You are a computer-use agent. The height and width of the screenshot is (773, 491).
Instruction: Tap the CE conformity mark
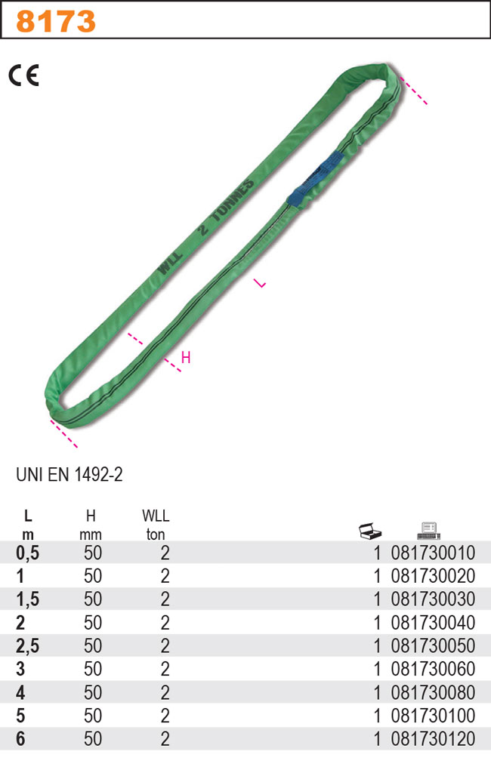coord(23,75)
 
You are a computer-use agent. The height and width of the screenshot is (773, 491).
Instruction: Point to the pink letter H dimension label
coord(186,358)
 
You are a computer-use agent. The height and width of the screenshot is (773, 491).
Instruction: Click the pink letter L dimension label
coord(260,284)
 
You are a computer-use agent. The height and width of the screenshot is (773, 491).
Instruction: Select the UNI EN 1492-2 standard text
coord(69,475)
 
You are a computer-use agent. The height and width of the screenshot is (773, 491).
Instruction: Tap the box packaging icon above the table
coord(370,531)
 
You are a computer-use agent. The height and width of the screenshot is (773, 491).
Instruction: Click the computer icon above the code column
coord(428,531)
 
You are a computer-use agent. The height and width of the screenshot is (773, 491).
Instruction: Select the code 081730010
coord(433,553)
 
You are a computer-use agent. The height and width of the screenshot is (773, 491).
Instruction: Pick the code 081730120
coord(433,739)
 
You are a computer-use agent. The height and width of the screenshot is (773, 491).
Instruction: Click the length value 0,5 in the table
coord(28,553)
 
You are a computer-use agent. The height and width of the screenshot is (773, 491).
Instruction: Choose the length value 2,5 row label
coord(28,646)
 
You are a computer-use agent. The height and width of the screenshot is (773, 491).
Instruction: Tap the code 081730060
coord(433,670)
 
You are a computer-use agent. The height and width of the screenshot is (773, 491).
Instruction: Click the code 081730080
coord(433,693)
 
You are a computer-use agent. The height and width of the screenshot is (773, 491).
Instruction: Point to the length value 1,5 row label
coord(28,600)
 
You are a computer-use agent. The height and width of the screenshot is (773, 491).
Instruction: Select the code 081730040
coord(433,624)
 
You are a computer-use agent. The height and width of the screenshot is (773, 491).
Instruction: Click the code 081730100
coord(433,716)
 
